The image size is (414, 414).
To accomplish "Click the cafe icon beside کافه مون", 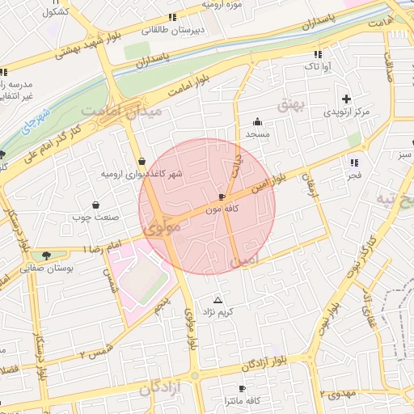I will tap(222, 197).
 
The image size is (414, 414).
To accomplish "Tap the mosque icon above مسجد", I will tap(257, 121).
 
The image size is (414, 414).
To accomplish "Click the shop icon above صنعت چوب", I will tap(97, 205).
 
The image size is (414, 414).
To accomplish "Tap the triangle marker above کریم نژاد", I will tap(217, 300).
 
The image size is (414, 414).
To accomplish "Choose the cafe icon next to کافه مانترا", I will tap(241, 389).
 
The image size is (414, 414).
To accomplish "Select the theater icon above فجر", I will tap(354, 160).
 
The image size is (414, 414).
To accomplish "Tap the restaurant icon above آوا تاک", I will tap(317, 54).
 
